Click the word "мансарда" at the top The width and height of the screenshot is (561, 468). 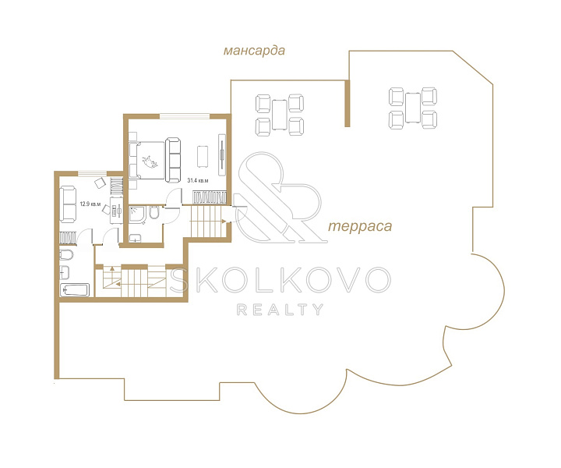point(254,51)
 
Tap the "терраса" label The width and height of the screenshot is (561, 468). point(360,226)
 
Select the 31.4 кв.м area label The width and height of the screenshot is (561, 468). point(198,180)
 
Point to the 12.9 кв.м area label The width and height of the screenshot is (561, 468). point(90,204)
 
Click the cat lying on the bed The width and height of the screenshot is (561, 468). point(150,161)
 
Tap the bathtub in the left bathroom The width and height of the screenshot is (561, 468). point(75,289)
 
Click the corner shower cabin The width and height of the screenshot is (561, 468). point(136,214)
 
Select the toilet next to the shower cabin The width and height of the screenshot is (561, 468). point(154,212)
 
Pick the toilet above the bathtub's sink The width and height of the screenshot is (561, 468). point(66,255)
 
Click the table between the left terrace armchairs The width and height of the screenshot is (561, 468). point(280,115)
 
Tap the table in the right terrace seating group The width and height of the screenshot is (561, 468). point(413,108)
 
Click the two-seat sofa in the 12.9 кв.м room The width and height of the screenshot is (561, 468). point(68,204)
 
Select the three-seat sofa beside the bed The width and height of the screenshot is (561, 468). point(173,160)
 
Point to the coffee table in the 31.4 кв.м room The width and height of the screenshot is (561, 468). point(203,156)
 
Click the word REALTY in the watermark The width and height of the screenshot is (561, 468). point(280,310)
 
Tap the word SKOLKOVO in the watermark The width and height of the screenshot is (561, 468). point(280,280)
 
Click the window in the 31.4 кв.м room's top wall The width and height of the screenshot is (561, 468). point(185,116)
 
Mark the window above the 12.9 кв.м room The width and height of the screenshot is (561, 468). point(92,174)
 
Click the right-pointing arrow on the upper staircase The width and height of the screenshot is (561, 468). point(224,222)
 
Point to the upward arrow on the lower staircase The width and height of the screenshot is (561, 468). point(112,268)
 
